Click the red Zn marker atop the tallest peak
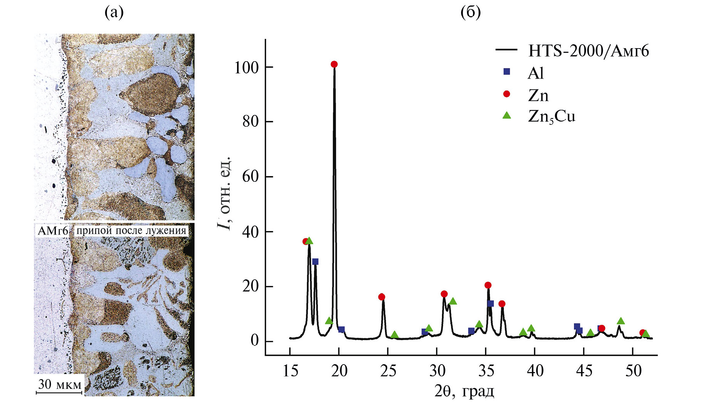click(x=334, y=64)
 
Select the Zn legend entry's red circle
click(x=507, y=94)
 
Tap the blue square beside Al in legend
click(x=507, y=72)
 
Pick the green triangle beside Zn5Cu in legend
click(x=507, y=115)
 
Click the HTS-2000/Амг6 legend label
click(x=588, y=51)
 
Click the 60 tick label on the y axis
click(x=250, y=177)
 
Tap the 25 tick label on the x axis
click(x=388, y=371)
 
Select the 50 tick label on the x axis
click(x=633, y=371)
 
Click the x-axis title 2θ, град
click(x=464, y=391)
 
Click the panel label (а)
click(x=114, y=13)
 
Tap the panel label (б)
click(x=470, y=13)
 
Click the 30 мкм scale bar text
click(x=60, y=384)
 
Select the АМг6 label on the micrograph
click(x=53, y=231)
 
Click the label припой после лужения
click(x=131, y=231)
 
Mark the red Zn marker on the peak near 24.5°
click(x=381, y=297)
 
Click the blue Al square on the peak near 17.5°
click(x=315, y=262)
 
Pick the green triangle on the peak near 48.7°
click(x=621, y=321)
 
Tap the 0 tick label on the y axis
click(x=254, y=341)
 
